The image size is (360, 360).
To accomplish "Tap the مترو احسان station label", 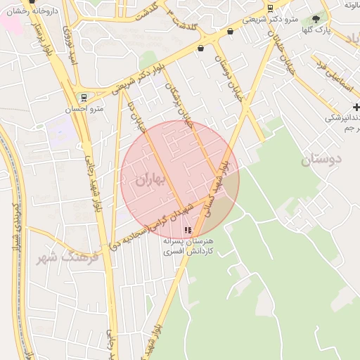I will click(84, 109).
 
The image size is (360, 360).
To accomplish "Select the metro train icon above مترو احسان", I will click(84, 97).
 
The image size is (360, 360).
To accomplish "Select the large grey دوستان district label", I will click(321, 160).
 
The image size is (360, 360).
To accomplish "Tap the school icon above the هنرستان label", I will click(187, 230).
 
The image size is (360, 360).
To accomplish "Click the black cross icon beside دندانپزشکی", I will click(356, 107).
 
